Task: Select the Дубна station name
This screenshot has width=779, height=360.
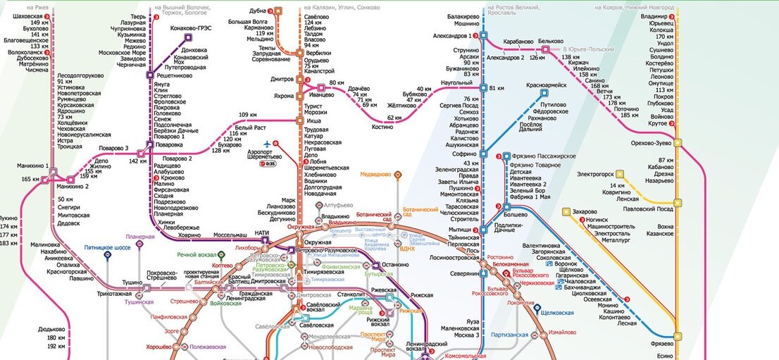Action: point(258,11)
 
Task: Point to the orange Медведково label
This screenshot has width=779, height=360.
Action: point(376,174)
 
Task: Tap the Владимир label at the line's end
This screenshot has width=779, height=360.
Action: point(654,15)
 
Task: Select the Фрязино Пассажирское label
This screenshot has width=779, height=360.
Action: point(544,156)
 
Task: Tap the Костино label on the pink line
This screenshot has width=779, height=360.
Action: point(382,128)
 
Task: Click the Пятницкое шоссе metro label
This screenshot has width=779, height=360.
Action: point(107,248)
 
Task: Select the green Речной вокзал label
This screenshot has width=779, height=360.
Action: point(196,254)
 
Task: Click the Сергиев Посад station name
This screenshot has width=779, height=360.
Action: point(459,106)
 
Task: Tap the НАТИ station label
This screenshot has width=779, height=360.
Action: point(262,233)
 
